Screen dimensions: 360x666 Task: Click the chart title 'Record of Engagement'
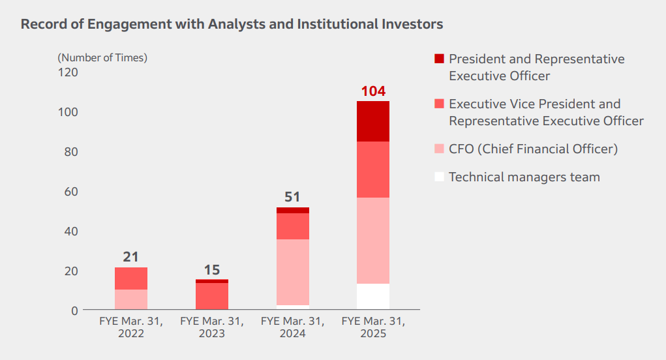232,25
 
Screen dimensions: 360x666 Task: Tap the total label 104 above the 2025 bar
373,91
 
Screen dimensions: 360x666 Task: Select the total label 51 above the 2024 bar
292,198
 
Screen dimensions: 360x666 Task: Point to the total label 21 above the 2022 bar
130,257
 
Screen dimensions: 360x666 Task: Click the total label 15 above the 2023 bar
211,269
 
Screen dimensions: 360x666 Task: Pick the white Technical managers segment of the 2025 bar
373,297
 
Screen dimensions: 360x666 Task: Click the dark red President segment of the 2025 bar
373,121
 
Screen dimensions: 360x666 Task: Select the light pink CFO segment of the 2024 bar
292,272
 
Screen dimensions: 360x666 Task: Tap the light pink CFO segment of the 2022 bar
130,299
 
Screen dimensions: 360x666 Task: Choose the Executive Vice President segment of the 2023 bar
211,296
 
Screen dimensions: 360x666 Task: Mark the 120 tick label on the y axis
68,72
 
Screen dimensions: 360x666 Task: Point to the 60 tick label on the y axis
71,192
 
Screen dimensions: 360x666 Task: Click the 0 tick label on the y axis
74,310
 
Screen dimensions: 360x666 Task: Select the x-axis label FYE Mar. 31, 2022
130,327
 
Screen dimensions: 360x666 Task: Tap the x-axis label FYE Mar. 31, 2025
373,327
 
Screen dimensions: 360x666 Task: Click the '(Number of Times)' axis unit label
102,57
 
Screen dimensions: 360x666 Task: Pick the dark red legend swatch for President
439,59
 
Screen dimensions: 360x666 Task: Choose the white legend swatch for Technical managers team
439,177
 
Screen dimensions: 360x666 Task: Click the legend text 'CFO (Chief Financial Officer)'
533,149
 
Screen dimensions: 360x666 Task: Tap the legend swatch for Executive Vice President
439,104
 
